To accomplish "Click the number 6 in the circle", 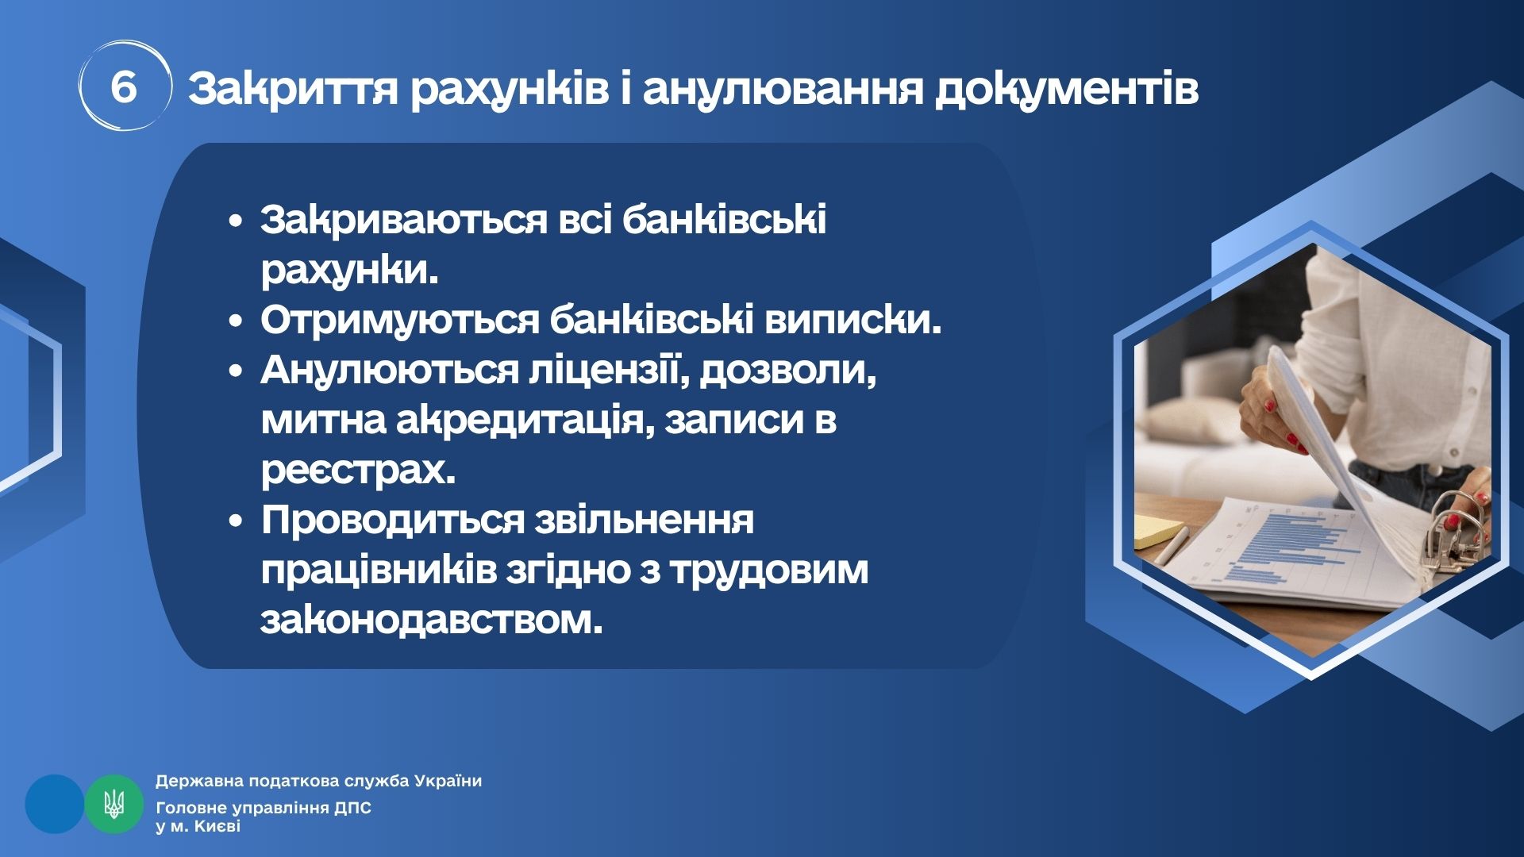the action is pyautogui.click(x=124, y=86).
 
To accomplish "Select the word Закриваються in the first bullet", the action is pyautogui.click(x=404, y=220).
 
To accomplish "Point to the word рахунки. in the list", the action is pyautogui.click(x=349, y=271).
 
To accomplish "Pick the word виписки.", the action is pyautogui.click(x=853, y=320).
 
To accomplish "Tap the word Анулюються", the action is pyautogui.click(x=389, y=371).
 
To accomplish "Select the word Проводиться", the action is pyautogui.click(x=393, y=521).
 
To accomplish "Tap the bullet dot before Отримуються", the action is pyautogui.click(x=235, y=321).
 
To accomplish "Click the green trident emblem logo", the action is pyautogui.click(x=114, y=804).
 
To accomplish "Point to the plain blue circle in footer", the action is pyautogui.click(x=55, y=804).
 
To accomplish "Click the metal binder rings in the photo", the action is pyautogui.click(x=1453, y=524).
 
